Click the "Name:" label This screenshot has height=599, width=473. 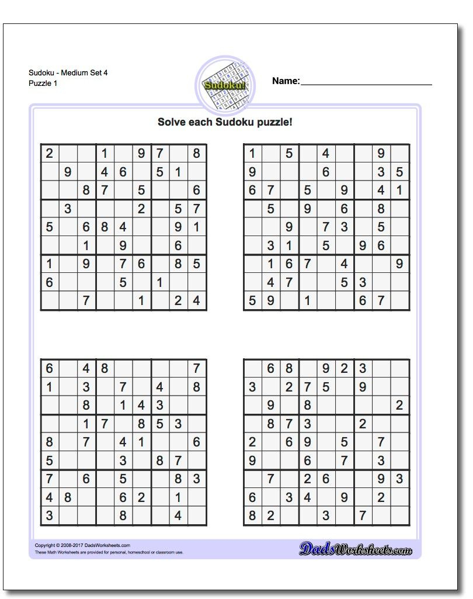point(286,81)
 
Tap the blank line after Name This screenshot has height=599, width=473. point(366,84)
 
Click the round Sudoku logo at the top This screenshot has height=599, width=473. point(224,85)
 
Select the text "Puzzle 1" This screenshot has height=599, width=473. point(43,83)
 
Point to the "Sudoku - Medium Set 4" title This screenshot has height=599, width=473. point(68,73)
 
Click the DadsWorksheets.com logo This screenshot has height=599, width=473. point(356,549)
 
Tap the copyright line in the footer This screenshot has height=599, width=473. point(82,545)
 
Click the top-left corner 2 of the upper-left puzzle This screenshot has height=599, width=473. point(50,154)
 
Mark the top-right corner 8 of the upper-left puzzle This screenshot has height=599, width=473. point(197,154)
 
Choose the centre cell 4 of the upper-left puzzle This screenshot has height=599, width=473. point(123,227)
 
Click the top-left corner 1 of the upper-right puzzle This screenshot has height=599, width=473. point(252,154)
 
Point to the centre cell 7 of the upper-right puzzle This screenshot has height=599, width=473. point(326,227)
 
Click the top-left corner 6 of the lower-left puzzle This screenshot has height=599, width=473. point(50,369)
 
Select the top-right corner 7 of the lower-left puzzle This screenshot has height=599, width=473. point(197,369)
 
